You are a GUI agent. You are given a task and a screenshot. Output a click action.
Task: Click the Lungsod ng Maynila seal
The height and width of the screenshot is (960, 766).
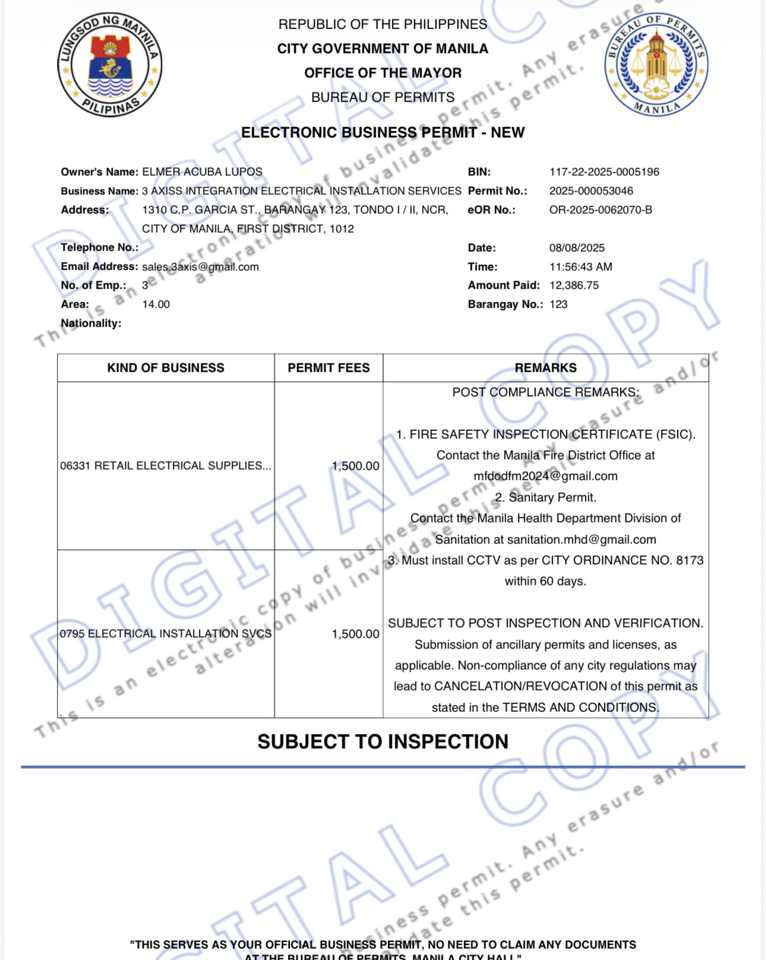coord(109,65)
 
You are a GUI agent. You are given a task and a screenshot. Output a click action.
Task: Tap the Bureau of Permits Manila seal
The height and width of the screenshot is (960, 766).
coord(656,64)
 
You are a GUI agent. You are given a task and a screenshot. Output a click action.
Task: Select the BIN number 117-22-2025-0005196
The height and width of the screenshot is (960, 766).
coord(604,172)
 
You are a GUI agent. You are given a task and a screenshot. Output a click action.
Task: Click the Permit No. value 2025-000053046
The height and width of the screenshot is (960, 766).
coord(591,191)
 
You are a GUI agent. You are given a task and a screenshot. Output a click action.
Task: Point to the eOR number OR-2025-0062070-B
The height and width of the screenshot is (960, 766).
coord(600,210)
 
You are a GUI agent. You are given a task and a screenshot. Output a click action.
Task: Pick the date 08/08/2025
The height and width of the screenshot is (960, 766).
coord(576,248)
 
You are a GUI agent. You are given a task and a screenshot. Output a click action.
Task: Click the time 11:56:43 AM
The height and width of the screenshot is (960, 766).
coord(580,267)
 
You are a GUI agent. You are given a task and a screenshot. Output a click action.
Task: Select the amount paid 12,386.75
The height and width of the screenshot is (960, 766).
coord(574,286)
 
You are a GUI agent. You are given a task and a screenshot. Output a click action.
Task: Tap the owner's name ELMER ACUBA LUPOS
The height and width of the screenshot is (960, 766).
coord(202,172)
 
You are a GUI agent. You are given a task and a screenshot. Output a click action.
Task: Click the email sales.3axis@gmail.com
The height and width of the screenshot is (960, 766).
coord(200,267)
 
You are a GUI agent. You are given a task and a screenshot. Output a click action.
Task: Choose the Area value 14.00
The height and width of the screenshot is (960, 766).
coord(156,305)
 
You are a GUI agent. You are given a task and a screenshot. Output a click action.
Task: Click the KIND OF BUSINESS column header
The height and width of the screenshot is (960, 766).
coord(166,368)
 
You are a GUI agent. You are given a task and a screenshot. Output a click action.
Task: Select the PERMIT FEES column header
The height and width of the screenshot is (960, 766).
coord(328,368)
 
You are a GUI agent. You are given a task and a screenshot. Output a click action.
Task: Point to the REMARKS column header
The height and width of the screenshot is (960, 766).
coord(545,368)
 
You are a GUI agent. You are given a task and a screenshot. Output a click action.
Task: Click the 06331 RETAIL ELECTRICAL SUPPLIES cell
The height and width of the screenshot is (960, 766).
coord(166,466)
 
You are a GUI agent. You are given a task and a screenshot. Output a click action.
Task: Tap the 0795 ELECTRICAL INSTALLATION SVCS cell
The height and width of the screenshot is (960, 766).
coord(166,634)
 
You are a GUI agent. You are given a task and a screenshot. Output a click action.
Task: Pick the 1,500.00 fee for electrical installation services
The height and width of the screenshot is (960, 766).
coord(355,634)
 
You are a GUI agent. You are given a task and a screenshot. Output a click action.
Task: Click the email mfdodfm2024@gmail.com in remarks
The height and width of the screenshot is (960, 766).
coord(545,476)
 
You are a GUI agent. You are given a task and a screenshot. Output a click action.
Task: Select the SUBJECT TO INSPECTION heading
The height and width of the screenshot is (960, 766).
coord(382,742)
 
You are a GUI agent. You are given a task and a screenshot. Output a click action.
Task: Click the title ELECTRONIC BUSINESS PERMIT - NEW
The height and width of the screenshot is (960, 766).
coord(382,132)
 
